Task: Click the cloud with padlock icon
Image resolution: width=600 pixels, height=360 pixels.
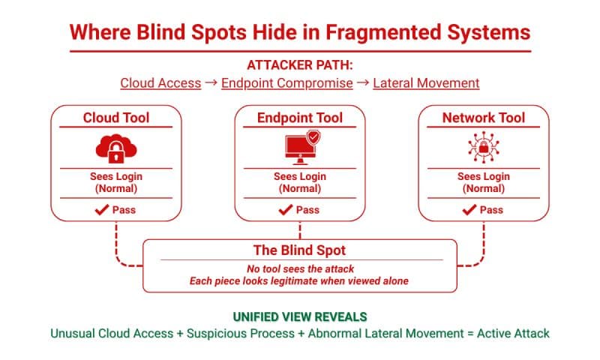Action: coord(116,148)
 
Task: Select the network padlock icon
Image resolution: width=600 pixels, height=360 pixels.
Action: coord(484,148)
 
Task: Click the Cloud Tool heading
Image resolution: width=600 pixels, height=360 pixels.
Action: coord(116,118)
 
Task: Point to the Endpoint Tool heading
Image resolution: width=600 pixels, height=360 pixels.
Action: coord(300,118)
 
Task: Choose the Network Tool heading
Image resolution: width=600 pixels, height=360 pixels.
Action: coord(484,118)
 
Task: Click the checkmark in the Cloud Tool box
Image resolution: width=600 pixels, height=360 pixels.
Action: coord(102,210)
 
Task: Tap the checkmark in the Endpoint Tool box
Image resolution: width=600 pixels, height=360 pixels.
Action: coord(286,210)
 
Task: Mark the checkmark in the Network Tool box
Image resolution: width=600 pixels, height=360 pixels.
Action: coord(469,210)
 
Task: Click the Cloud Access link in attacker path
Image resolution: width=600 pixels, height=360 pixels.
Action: coord(160,83)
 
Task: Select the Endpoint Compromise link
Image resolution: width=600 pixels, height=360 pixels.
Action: coord(287,83)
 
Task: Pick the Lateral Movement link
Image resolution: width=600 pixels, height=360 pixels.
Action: coord(426,83)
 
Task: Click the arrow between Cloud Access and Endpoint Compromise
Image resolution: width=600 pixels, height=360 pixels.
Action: coord(211,82)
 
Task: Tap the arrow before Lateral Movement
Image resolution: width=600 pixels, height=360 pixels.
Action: coord(363,82)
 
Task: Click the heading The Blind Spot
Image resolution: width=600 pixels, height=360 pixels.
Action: coord(299,250)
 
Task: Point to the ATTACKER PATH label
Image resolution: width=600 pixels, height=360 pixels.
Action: coord(300,65)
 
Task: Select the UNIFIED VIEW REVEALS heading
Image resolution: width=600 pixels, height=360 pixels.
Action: coord(300,316)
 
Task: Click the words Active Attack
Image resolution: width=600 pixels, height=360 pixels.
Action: coord(513,333)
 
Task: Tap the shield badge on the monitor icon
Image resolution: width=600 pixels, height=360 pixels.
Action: coord(313,137)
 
